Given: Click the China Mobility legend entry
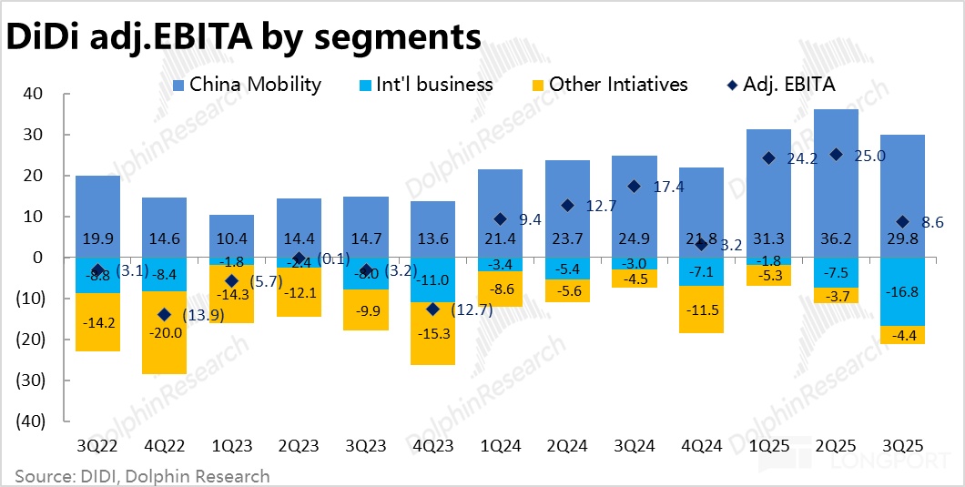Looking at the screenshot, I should pos(255,85).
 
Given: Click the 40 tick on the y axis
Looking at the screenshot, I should pos(36,93).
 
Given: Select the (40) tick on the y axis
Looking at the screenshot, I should pos(30,421).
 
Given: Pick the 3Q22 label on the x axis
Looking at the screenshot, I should pos(97,447).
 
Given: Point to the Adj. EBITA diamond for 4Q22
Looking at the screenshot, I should pos(164,314).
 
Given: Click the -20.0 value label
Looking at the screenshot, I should pos(164,333).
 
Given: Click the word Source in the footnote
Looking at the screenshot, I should pos(45,475).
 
